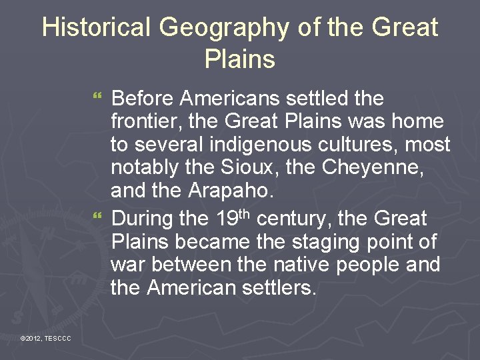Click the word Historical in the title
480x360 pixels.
(96, 27)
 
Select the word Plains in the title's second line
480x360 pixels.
(239, 59)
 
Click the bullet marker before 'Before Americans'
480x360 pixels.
(100, 99)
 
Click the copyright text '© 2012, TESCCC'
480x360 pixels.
(45, 339)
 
